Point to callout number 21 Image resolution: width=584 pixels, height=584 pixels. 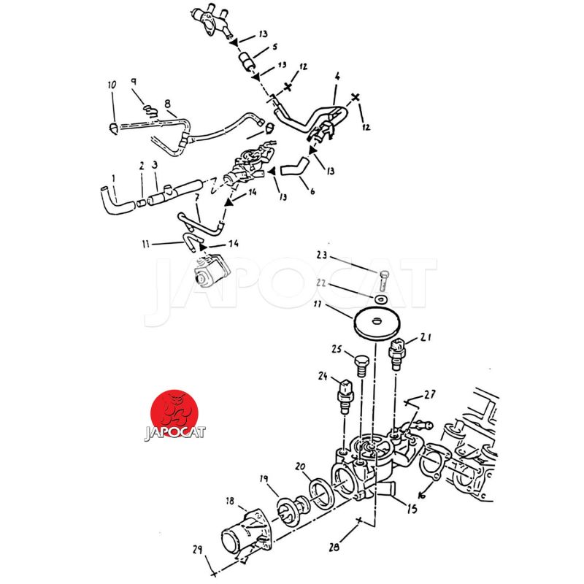[426, 337]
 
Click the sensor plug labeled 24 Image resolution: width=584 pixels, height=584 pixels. [345, 395]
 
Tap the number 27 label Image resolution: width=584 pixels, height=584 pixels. [430, 394]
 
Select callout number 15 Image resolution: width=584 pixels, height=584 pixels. [412, 510]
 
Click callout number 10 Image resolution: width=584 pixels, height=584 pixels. [112, 85]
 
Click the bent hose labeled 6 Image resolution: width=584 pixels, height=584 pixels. [292, 170]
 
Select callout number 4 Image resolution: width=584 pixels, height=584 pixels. [337, 76]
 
